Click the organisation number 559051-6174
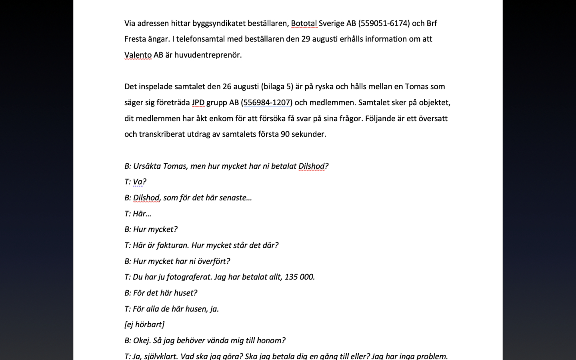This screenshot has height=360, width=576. tap(384, 23)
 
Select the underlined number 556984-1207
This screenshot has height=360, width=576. tap(266, 102)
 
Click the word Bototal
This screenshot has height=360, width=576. tap(304, 23)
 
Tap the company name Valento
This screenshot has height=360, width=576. tap(138, 55)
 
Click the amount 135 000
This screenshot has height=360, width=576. tap(299, 277)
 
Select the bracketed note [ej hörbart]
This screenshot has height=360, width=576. tap(144, 324)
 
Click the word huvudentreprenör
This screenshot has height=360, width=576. tap(208, 55)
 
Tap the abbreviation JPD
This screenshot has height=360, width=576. tap(198, 102)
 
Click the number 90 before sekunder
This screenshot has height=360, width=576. tap(285, 134)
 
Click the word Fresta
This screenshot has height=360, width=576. tap(135, 39)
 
